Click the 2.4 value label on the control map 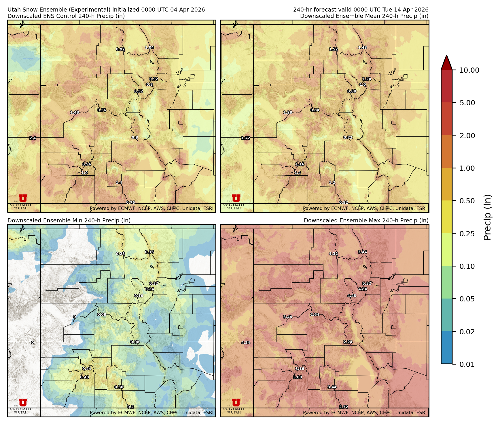point(33,138)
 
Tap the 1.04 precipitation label point(149,48)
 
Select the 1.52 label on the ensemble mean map point(333,49)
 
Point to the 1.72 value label point(246,138)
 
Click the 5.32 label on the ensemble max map point(367,283)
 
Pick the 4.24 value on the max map point(246,343)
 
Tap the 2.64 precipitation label point(315,314)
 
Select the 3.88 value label point(298,377)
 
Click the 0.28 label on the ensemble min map point(120,254)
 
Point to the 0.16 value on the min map point(139,296)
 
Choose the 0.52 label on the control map point(139,91)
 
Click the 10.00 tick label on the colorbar point(469,70)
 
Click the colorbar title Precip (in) point(487,217)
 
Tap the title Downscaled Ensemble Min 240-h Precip point(69,220)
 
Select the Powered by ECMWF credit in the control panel point(151,208)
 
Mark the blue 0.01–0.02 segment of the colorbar point(446,348)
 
